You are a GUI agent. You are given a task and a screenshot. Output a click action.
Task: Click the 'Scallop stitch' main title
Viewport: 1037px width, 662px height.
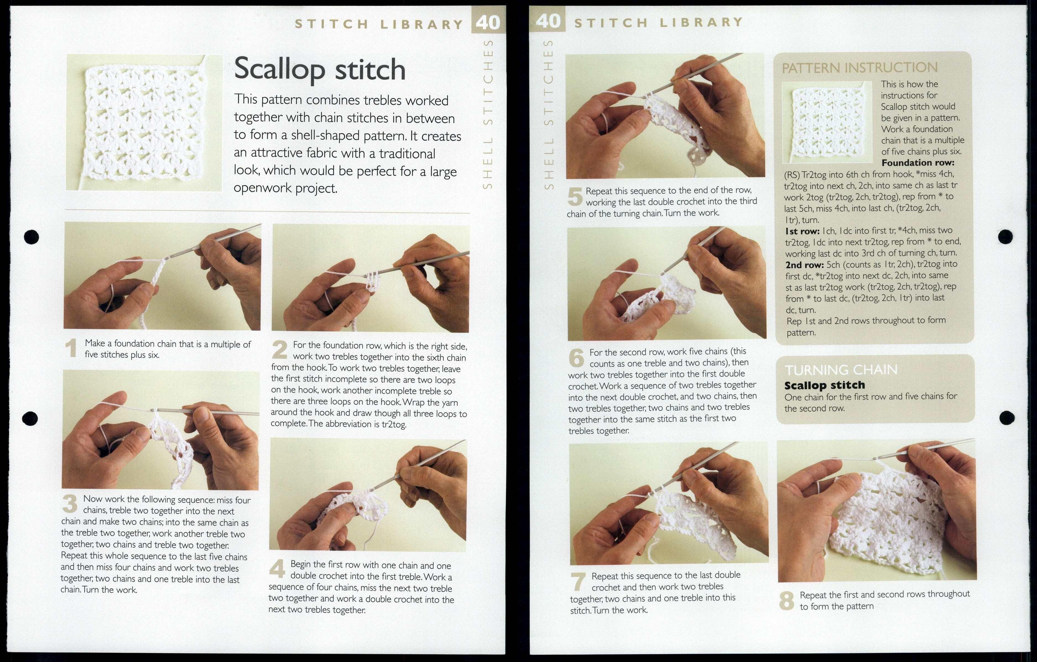pos(320,69)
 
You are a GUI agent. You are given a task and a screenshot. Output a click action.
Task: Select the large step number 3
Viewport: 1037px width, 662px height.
pos(70,504)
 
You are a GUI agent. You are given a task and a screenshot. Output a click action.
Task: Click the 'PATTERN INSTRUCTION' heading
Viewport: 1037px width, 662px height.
pos(859,68)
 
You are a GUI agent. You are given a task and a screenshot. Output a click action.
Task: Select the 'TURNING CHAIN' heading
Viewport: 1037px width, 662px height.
pos(841,370)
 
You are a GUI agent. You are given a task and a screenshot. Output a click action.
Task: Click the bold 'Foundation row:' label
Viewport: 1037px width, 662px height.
pos(918,163)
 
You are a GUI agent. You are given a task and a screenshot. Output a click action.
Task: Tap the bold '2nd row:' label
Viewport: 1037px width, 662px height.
pos(804,264)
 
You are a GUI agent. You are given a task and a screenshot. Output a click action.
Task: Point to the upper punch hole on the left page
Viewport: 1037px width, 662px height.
pos(32,237)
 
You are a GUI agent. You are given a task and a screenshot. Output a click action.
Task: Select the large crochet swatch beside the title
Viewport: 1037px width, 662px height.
pos(144,123)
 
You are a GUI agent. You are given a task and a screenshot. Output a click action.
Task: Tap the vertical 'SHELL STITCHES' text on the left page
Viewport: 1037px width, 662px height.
pos(488,114)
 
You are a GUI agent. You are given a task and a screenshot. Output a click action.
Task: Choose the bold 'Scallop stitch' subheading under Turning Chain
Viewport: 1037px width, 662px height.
pos(824,385)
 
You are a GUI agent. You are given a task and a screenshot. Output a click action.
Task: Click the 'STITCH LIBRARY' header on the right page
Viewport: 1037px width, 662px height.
pos(658,22)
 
